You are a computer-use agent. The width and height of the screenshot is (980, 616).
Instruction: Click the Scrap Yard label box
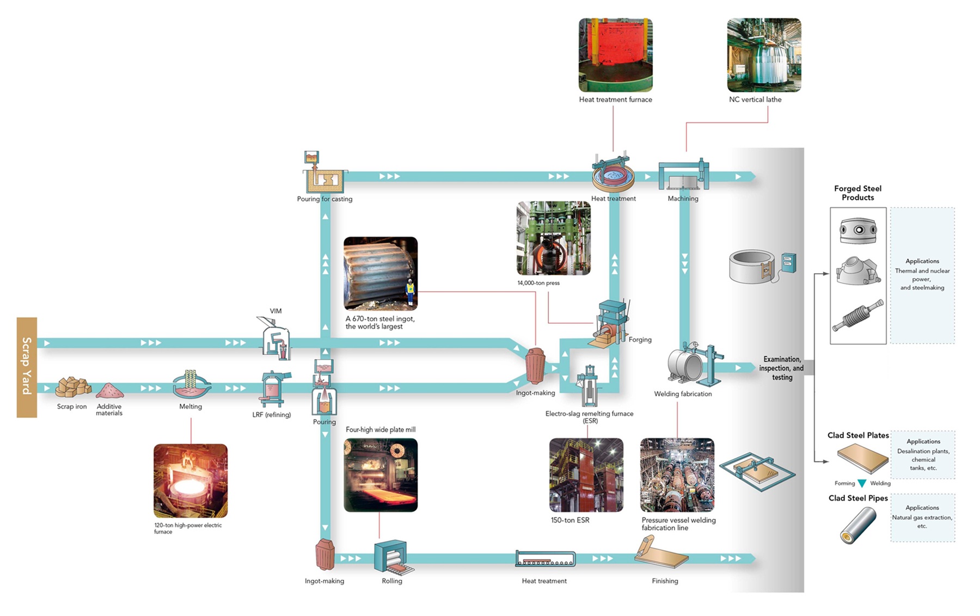(27, 367)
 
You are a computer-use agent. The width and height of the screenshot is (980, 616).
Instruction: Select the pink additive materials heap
(109, 391)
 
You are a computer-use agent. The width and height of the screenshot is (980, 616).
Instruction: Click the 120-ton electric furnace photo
(191, 481)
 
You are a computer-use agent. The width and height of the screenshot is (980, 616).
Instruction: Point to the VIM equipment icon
(275, 338)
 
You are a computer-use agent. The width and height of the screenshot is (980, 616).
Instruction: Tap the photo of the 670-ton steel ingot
(381, 273)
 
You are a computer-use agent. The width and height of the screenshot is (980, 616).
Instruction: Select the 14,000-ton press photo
(553, 238)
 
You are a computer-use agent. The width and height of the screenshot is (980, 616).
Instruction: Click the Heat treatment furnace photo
(615, 55)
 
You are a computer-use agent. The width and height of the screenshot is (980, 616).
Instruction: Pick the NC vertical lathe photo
(764, 55)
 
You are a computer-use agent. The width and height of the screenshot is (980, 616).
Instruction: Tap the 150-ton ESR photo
(586, 475)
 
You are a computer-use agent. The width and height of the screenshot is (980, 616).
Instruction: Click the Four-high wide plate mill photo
(381, 475)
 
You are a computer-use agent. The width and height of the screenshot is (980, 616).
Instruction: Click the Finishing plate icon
(660, 554)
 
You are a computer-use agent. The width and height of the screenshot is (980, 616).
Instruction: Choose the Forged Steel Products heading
(857, 193)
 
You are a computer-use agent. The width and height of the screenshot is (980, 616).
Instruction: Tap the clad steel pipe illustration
(857, 525)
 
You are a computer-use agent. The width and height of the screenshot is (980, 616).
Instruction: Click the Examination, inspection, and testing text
(781, 368)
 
